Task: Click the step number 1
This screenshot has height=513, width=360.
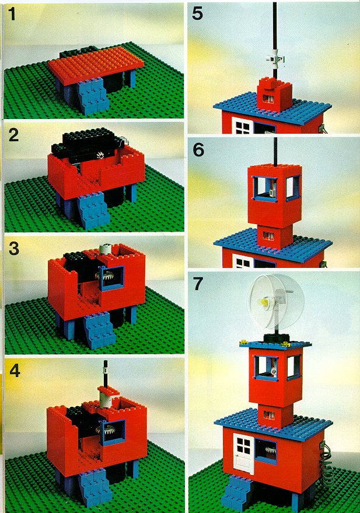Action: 12,15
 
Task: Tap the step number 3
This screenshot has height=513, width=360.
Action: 14,249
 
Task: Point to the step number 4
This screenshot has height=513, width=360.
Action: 15,371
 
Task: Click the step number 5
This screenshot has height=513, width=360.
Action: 197,13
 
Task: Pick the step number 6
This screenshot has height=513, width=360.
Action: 198,150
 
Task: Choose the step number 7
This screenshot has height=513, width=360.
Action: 198,284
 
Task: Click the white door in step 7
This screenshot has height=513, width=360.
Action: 243,453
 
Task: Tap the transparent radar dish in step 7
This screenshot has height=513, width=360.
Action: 275,301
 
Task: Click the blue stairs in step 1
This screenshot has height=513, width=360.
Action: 93,96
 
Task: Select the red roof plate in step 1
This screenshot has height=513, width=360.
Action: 96,64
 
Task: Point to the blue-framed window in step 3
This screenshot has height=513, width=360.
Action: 113,278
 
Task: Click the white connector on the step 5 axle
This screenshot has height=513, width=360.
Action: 275,60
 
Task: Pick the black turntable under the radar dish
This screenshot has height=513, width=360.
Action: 275,338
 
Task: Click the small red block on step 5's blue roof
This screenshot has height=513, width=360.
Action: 274,94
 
